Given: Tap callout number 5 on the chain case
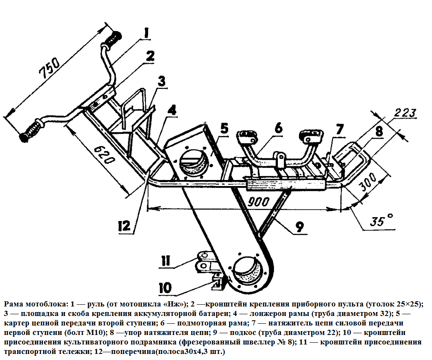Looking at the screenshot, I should point(224,129).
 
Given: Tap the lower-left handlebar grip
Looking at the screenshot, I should point(32,131).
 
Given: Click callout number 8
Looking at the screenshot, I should point(378,131).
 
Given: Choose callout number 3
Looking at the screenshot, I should point(161,81).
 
